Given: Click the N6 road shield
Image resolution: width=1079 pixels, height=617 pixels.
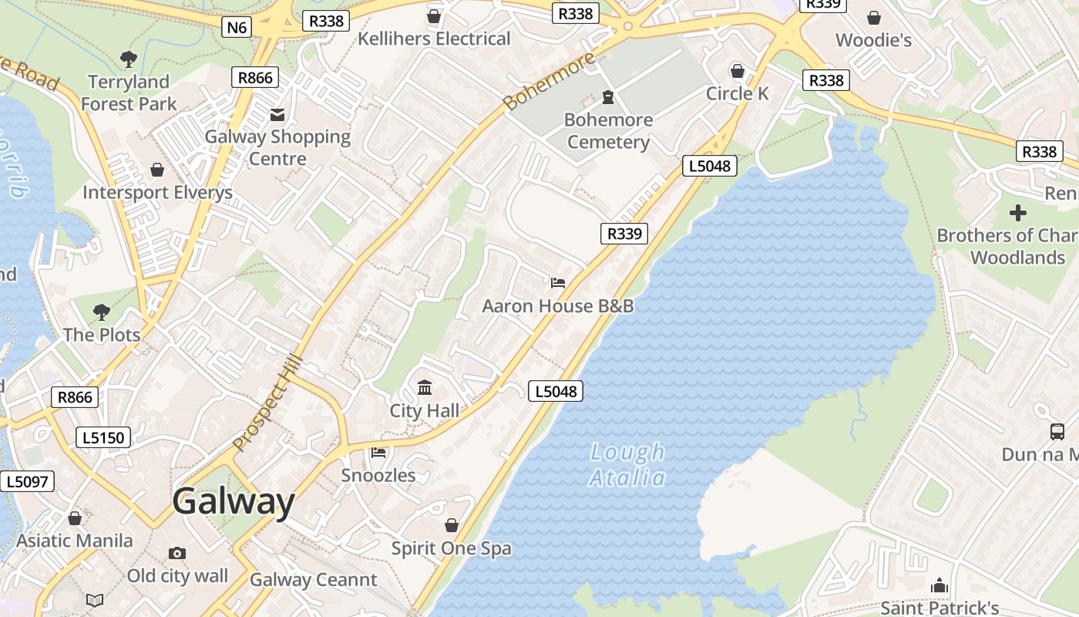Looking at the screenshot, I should pos(237,28).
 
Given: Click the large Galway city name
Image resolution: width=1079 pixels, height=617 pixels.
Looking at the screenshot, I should pos(234,502).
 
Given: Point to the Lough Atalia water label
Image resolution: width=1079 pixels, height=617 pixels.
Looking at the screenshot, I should pos(627,465).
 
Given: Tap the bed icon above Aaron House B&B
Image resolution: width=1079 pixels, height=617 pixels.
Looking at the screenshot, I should pos(558,283).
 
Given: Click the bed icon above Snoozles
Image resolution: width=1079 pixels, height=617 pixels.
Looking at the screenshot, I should pos(378,452).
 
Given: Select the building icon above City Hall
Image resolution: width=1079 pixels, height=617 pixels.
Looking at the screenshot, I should pos(425,387).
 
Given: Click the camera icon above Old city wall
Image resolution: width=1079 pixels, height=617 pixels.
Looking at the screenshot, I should pos(177,553).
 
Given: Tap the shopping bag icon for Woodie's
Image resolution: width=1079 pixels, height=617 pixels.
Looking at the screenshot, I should pos(874,17).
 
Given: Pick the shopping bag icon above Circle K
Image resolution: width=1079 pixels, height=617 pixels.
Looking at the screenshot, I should pos(738,71).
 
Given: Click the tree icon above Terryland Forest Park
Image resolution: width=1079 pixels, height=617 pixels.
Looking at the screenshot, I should pos(129,59).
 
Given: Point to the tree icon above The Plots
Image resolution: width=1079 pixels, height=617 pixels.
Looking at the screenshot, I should pos(102,312).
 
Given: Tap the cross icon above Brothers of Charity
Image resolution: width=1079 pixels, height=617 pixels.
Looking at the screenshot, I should pos(1018,212).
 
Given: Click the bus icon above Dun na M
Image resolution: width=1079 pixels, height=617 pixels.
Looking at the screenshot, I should pos(1057,432).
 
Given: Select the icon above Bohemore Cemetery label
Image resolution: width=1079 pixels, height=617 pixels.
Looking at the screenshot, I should pos(608,97).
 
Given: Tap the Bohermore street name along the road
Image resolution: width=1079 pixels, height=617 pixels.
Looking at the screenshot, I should pos(549,81).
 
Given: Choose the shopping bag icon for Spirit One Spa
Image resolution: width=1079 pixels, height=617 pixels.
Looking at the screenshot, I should pos(452,525).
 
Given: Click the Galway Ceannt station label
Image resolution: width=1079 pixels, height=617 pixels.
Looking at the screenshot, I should pos(314,580).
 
